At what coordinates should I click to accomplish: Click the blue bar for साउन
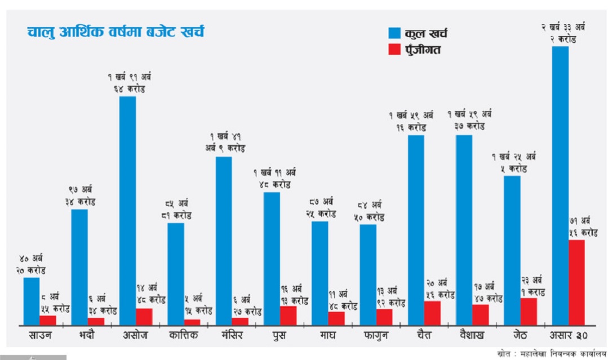pos(32,301)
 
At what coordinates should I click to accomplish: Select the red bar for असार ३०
pos(576,282)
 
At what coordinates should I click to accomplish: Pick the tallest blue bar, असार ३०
pos(560,185)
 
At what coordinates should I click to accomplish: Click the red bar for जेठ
pos(528,311)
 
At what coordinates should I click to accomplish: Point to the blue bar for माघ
pos(319,273)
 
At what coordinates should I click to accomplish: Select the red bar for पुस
pos(288,315)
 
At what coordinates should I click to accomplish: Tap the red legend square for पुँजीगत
pos(394,50)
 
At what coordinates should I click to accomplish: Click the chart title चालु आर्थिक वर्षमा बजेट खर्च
pos(116,32)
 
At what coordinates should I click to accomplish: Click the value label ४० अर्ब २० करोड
pos(31,264)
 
